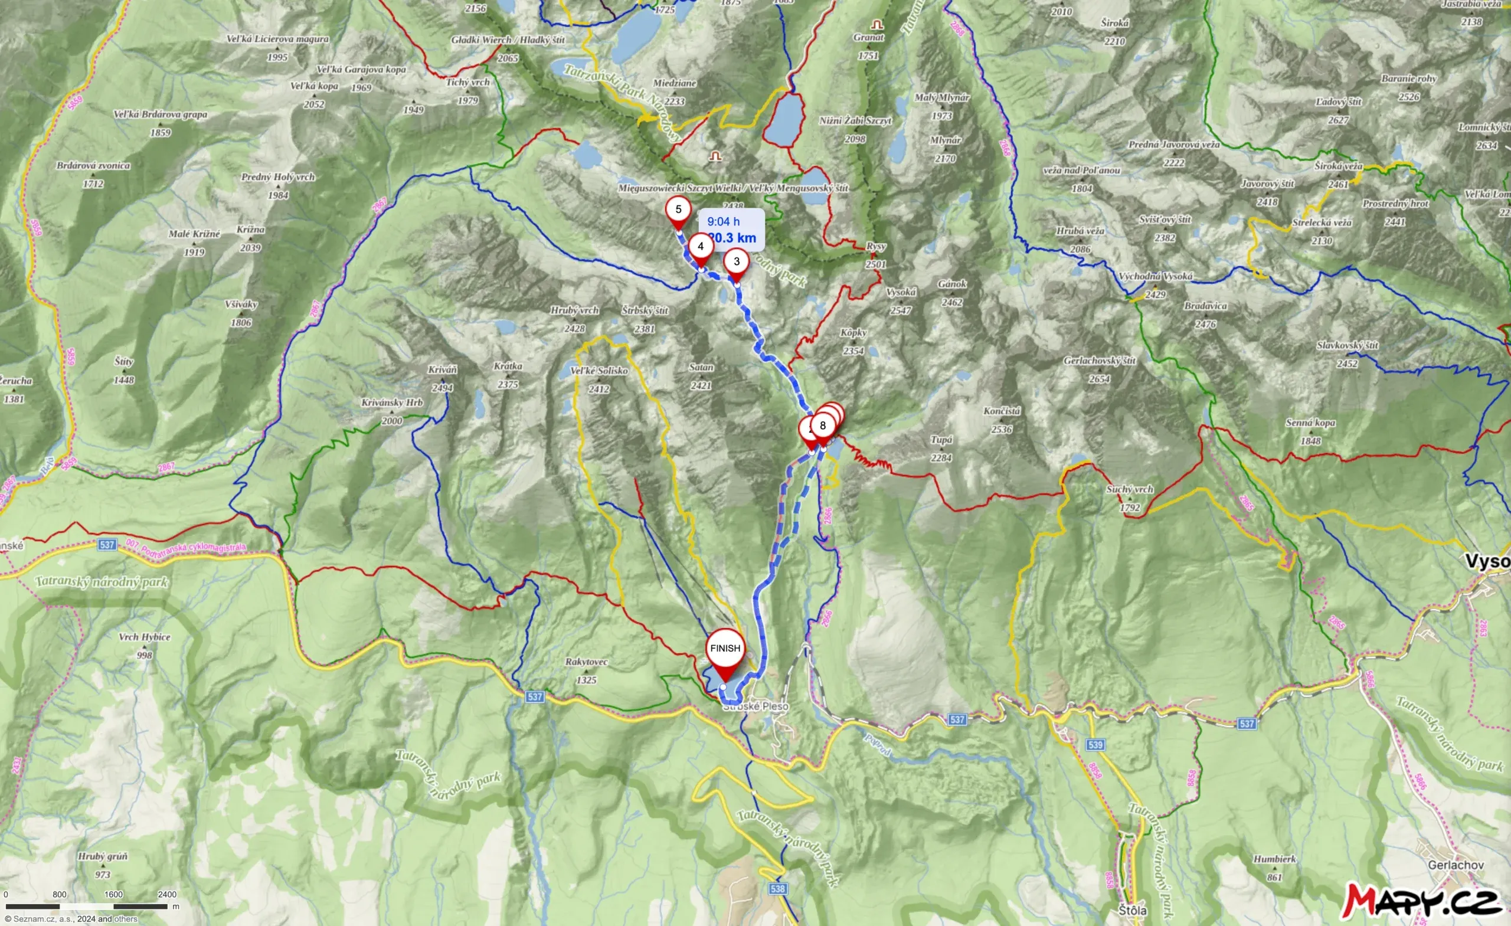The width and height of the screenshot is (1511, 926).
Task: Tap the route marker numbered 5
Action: click(678, 210)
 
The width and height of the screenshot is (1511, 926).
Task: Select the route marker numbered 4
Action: click(700, 247)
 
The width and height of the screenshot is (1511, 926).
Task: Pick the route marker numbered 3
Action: click(737, 262)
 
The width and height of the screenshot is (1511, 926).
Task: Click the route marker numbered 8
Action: click(822, 426)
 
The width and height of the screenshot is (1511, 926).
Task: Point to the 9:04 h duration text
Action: click(723, 221)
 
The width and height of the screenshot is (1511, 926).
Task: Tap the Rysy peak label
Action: click(876, 247)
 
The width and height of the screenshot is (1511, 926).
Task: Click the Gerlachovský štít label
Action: click(1100, 361)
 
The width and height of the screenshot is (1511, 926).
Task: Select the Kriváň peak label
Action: click(442, 371)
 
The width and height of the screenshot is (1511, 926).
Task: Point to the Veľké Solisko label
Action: click(598, 371)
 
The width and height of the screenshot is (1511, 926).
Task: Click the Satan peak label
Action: click(701, 367)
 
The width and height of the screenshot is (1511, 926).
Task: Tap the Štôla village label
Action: click(1132, 910)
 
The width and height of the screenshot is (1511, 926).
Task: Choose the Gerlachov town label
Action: click(1455, 865)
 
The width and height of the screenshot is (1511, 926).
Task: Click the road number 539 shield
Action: click(1095, 744)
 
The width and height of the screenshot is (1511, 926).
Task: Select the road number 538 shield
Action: click(777, 889)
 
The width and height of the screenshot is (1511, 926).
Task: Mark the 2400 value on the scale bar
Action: click(167, 895)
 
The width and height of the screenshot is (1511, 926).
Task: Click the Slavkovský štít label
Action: click(1348, 346)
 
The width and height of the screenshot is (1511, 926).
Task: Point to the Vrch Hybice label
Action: click(144, 637)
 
